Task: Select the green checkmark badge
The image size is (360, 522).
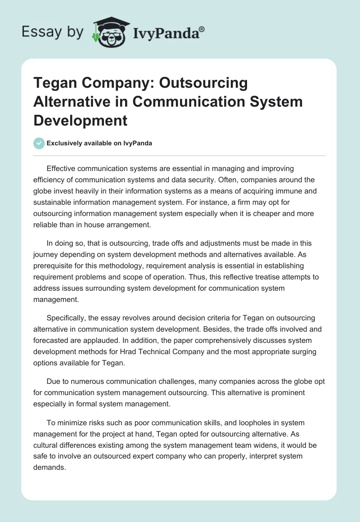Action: (x=39, y=143)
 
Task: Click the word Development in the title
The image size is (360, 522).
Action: (x=81, y=120)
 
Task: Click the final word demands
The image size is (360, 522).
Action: (x=49, y=467)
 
